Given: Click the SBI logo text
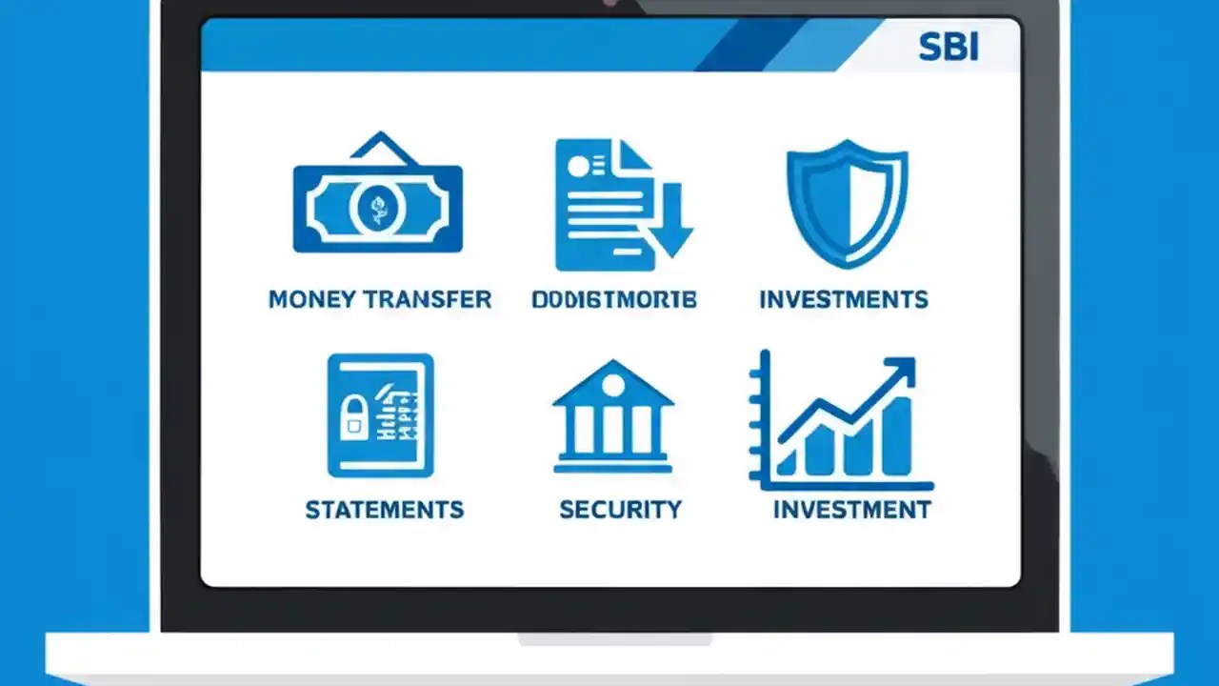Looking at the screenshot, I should point(949,48).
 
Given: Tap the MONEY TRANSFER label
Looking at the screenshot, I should point(380,299).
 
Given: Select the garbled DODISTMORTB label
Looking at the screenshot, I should point(614,299).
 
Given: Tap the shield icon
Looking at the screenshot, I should point(847,202).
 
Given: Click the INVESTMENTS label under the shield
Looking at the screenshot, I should point(844,299).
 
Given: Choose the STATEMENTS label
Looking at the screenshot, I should point(385,510).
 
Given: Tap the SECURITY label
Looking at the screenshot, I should point(620,510).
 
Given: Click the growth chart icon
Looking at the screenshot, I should point(841,420).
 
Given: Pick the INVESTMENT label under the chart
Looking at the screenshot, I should point(851,510).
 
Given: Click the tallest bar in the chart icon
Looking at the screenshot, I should point(896,435).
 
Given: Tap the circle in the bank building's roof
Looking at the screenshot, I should point(614,385).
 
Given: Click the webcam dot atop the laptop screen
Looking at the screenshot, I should point(609,3).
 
